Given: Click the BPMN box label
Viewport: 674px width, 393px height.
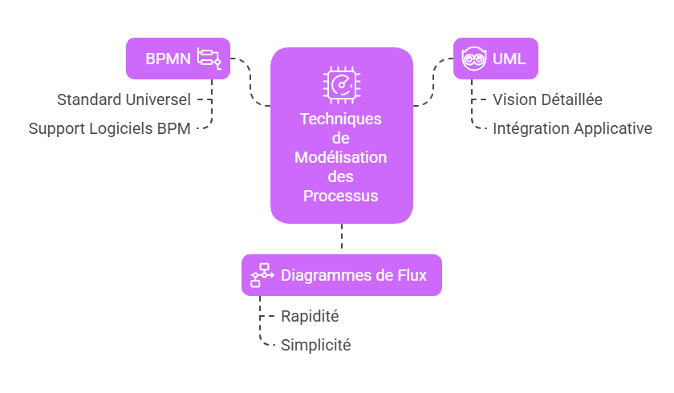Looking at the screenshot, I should pyautogui.click(x=168, y=59).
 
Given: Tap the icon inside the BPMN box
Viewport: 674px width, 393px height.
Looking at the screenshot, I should pyautogui.click(x=209, y=59).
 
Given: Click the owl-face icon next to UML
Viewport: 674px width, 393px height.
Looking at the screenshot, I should pyautogui.click(x=474, y=59).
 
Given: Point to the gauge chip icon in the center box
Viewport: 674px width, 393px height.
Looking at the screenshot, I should pyautogui.click(x=341, y=84).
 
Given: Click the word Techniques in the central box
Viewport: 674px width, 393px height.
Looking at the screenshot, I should pyautogui.click(x=341, y=119).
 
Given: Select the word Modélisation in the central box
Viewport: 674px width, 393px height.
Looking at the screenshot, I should pyautogui.click(x=341, y=157).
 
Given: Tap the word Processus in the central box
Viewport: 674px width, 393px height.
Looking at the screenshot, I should pyautogui.click(x=341, y=196).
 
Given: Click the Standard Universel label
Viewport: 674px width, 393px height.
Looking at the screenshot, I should pyautogui.click(x=124, y=100).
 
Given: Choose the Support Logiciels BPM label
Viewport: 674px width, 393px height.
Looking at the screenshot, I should pyautogui.click(x=110, y=128).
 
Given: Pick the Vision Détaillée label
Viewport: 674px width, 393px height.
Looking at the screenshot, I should pyautogui.click(x=547, y=100).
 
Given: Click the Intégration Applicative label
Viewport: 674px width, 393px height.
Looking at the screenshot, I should pyautogui.click(x=572, y=128).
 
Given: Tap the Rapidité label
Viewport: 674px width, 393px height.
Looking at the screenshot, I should pyautogui.click(x=310, y=317).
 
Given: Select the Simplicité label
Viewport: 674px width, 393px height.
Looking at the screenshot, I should pyautogui.click(x=315, y=346).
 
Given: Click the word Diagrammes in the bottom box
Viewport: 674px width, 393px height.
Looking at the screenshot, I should pyautogui.click(x=326, y=275).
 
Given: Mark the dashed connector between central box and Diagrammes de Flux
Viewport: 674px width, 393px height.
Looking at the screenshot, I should pyautogui.click(x=342, y=238).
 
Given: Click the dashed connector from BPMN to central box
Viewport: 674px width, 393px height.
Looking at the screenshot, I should pyautogui.click(x=250, y=84).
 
